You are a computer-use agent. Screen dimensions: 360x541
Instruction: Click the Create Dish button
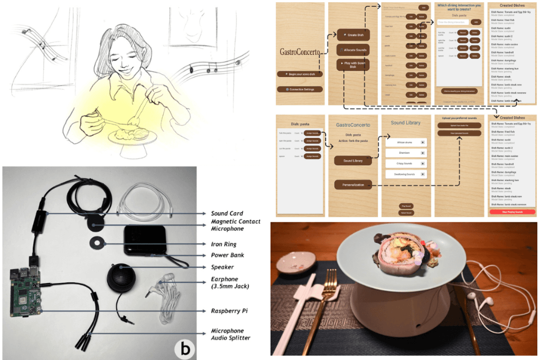[353, 35]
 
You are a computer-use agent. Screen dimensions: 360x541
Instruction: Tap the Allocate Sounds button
[353, 50]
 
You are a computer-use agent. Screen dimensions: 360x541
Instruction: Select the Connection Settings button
[300, 90]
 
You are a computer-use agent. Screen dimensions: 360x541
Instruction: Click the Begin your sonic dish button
[300, 74]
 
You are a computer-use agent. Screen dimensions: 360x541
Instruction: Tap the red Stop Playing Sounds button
[512, 211]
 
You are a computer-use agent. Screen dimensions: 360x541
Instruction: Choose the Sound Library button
[352, 160]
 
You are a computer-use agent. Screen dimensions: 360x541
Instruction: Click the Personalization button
[352, 185]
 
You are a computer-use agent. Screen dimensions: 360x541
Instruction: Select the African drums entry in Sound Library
[406, 143]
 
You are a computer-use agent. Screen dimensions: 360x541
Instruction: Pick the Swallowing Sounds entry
[406, 174]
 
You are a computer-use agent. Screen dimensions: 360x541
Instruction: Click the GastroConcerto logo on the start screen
[300, 52]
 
